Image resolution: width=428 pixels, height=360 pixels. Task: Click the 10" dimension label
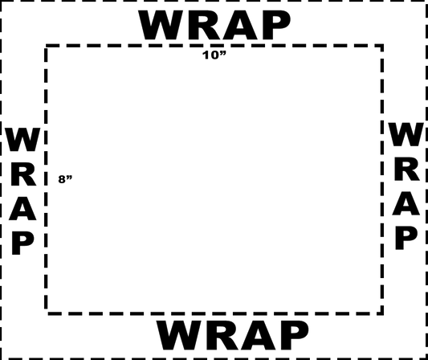(x=214, y=55)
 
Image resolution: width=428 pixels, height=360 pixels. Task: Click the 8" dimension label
(x=66, y=179)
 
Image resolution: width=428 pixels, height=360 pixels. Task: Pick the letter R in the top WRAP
(x=206, y=25)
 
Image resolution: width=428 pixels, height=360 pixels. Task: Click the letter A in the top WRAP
(x=240, y=25)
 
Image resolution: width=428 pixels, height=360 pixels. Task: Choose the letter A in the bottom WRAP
(x=258, y=335)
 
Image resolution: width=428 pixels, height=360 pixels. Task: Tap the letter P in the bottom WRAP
(x=295, y=335)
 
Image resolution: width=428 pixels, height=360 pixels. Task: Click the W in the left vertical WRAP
(x=23, y=139)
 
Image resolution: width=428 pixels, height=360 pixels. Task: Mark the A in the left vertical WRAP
(x=22, y=209)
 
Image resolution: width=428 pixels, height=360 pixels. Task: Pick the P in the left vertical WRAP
(x=23, y=243)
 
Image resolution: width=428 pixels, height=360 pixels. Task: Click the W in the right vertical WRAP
(x=406, y=134)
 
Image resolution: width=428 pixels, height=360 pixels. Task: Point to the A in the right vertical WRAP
(x=406, y=203)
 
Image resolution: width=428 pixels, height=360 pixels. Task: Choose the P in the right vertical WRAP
(x=406, y=238)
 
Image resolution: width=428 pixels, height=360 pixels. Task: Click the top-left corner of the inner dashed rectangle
(x=46, y=46)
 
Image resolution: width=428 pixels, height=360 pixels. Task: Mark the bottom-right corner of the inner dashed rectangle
(x=382, y=313)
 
